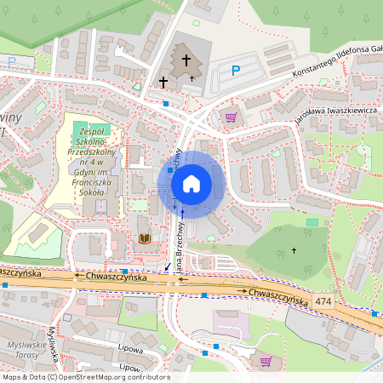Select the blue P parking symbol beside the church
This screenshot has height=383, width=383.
coord(236,71)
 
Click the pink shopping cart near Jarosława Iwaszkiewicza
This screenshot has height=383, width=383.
coord(230,117)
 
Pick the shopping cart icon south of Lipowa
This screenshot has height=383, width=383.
coord(266,361)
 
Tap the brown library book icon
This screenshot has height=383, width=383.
coord(145,239)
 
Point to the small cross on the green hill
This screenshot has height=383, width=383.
coord(294,250)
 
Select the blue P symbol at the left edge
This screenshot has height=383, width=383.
coord(11,61)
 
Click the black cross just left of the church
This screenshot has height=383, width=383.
coord(163,82)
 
